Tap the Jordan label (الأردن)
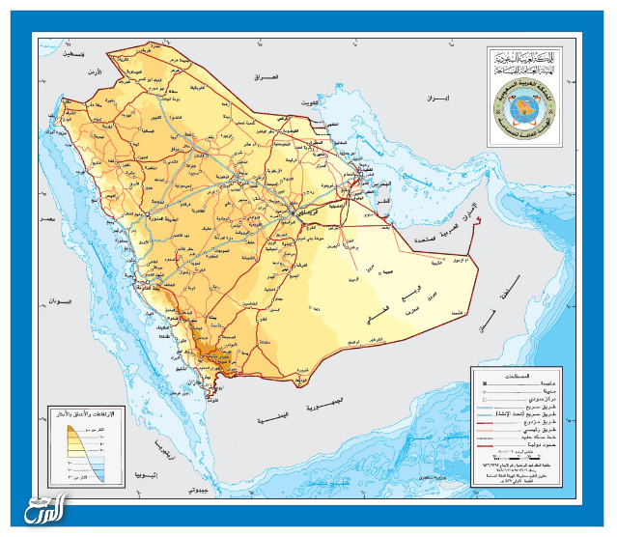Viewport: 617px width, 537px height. coord(93,71)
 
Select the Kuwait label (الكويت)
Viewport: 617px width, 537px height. coord(308,101)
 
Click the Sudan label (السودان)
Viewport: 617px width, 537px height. coord(60,301)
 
